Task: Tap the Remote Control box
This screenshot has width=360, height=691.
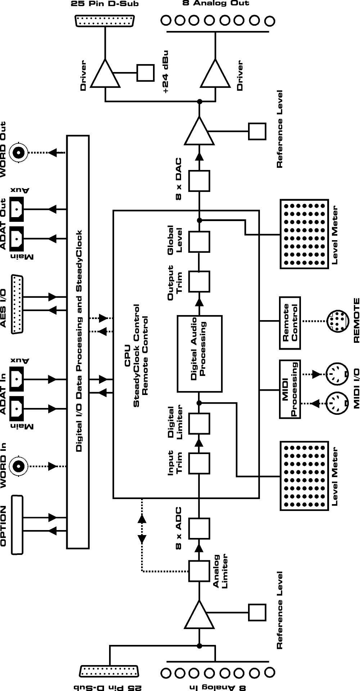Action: tap(290, 323)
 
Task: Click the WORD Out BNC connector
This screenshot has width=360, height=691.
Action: tap(18, 153)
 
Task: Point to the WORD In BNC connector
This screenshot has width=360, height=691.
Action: tap(18, 466)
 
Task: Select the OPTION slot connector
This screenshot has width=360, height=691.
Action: tap(17, 525)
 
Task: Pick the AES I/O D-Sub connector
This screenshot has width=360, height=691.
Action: tap(17, 305)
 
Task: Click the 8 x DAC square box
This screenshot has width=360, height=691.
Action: tap(199, 181)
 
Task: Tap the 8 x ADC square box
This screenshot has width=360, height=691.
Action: tap(199, 528)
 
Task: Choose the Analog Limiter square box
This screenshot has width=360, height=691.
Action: tap(199, 571)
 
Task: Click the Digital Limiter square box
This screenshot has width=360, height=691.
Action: tap(199, 423)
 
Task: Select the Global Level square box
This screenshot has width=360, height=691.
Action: tap(199, 242)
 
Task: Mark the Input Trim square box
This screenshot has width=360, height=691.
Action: tap(199, 463)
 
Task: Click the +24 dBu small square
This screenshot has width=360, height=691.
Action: tap(145, 73)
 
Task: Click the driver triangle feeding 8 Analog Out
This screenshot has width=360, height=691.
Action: tap(215, 75)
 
